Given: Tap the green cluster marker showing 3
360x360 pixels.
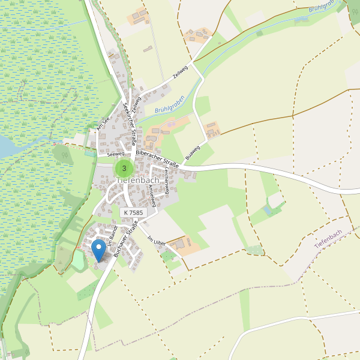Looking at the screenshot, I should click(x=124, y=168).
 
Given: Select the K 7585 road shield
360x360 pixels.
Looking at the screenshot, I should click(x=133, y=212).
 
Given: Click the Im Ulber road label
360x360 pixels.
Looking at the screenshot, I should click(x=156, y=239).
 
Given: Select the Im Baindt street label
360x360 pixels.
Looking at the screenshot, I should click(x=112, y=235).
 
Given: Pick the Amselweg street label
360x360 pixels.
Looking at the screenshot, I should click(x=151, y=196).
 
